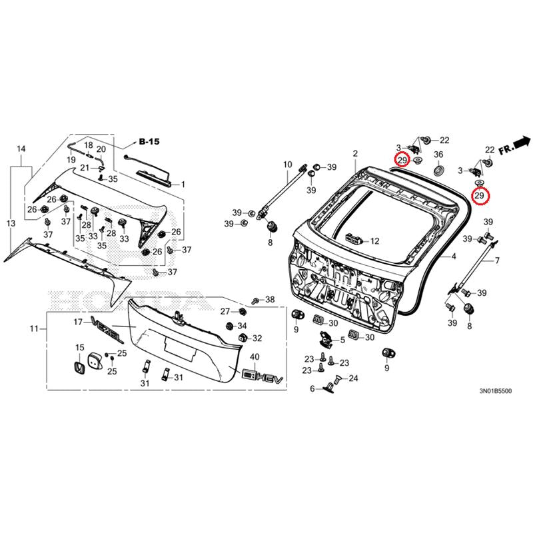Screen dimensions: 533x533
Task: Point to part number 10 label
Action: click(288, 164)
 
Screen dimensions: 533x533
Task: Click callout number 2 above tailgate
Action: click(355, 154)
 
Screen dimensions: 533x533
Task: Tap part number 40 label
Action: click(255, 358)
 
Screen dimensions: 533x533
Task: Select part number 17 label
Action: click(77, 322)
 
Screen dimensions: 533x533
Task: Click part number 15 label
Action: click(79, 347)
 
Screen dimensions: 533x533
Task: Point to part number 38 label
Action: click(270, 300)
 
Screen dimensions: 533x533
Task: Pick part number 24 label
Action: click(353, 378)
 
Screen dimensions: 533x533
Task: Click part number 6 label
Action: click(311, 388)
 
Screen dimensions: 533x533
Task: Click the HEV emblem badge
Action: click(257, 376)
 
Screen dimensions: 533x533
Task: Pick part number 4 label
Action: click(454, 257)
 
